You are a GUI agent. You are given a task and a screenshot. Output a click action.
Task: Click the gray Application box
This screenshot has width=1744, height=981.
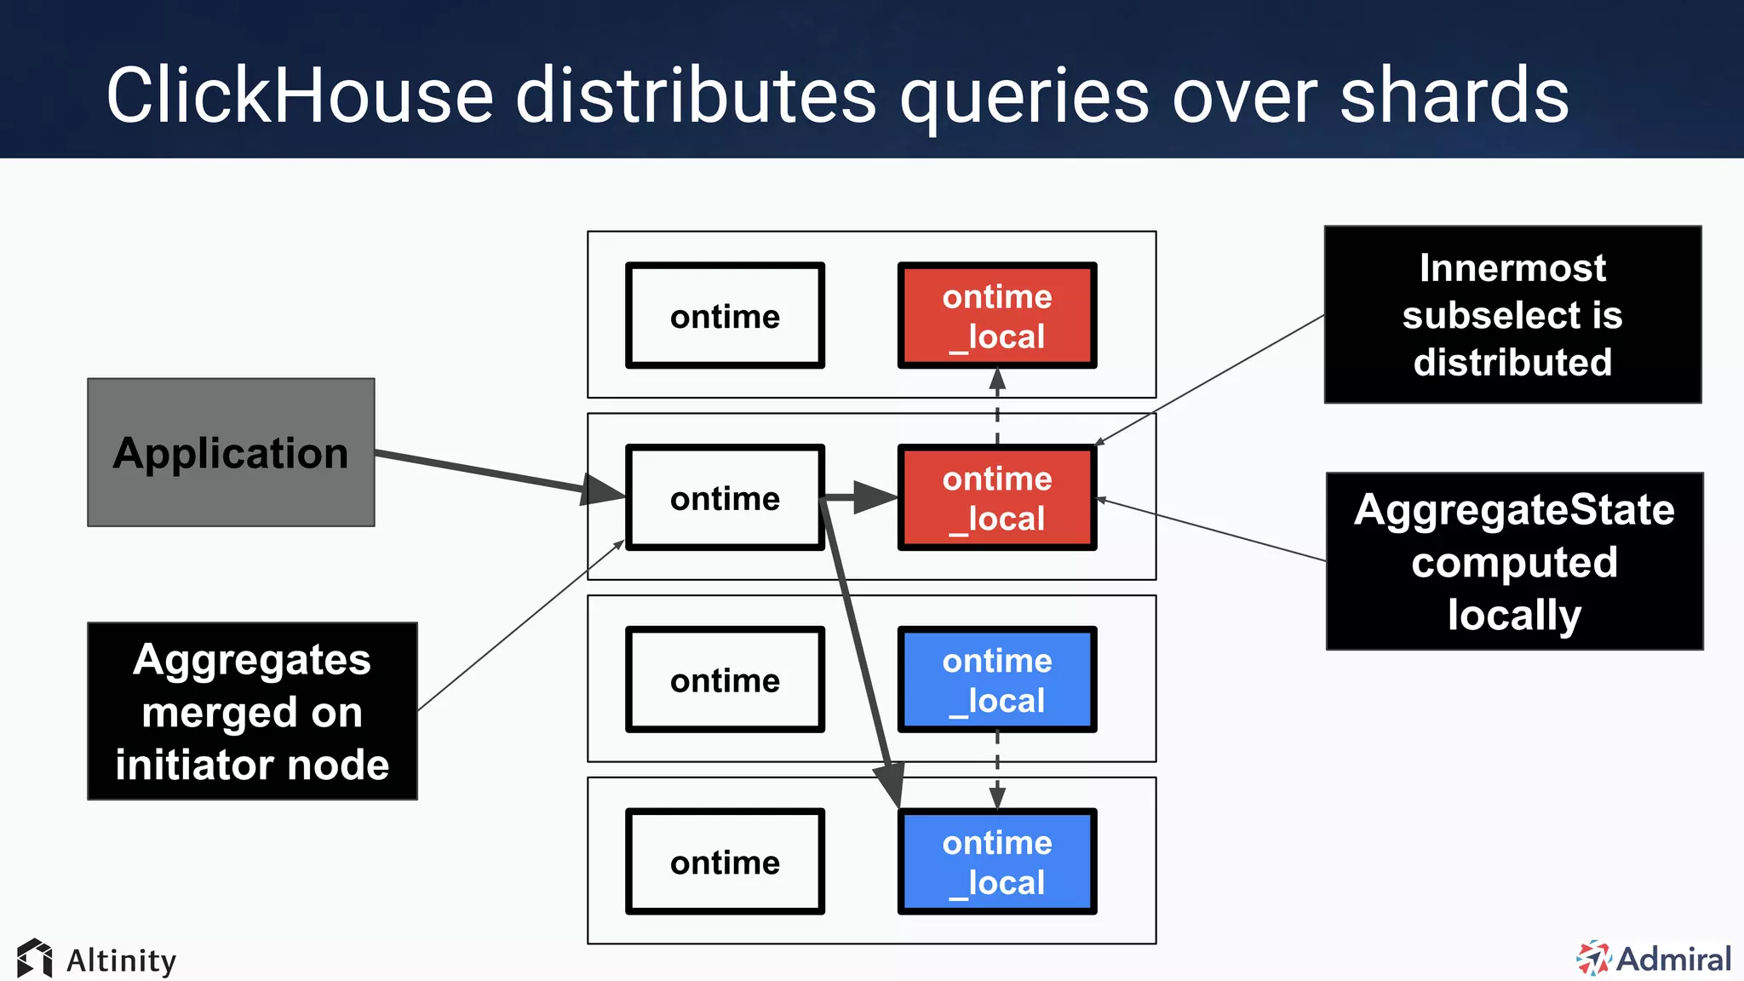click(231, 452)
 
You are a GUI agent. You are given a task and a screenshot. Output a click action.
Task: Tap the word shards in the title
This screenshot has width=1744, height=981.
click(1454, 95)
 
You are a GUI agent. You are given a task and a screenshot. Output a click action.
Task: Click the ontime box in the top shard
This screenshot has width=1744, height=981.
click(725, 316)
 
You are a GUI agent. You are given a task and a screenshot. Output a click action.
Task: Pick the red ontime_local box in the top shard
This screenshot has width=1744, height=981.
click(997, 316)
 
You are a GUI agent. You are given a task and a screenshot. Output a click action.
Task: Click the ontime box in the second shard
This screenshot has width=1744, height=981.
click(725, 498)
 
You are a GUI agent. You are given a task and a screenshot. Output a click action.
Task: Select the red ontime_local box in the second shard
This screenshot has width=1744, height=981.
click(997, 498)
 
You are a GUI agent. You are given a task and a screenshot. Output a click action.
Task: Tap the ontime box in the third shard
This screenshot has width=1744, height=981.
click(725, 680)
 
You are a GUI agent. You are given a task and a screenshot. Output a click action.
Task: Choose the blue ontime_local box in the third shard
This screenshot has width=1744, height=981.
click(997, 680)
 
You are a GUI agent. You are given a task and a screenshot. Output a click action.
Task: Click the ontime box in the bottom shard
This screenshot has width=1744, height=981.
click(725, 862)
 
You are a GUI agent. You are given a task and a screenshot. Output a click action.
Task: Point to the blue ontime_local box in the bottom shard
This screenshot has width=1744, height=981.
click(997, 862)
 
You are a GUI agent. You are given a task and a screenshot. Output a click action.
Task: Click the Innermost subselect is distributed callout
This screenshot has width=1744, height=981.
click(1512, 314)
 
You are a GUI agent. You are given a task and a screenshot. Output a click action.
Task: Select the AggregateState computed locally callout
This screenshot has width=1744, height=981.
click(1514, 561)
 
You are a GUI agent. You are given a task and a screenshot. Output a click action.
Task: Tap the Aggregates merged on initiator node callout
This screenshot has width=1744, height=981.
click(252, 711)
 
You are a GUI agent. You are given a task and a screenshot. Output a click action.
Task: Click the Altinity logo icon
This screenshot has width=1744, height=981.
click(35, 959)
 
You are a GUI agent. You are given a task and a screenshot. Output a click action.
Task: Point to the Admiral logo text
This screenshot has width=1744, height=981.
click(1673, 959)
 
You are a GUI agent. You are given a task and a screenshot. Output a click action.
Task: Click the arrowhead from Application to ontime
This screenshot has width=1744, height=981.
click(603, 490)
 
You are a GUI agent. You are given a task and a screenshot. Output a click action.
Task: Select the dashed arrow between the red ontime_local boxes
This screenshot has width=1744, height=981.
click(997, 407)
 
